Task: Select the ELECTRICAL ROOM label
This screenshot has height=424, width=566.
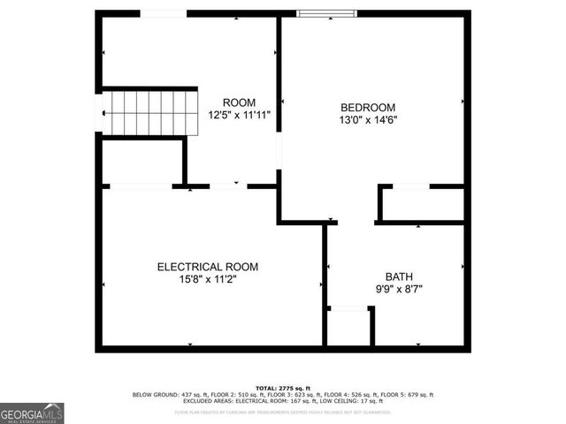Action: tap(208, 267)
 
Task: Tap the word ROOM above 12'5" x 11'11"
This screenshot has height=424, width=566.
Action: tap(239, 102)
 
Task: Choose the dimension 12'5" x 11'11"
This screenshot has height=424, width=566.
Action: tap(239, 115)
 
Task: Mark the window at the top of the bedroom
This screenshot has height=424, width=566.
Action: tap(326, 13)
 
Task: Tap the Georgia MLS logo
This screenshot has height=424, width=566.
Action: tap(32, 413)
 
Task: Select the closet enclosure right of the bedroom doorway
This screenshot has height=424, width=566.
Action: tap(422, 204)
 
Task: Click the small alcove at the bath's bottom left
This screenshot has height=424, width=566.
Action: tap(349, 327)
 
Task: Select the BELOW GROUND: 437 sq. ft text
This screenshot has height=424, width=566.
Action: tap(163, 395)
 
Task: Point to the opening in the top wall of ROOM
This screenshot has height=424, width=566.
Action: tap(164, 13)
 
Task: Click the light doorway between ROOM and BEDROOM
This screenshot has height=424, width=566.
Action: tap(279, 151)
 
